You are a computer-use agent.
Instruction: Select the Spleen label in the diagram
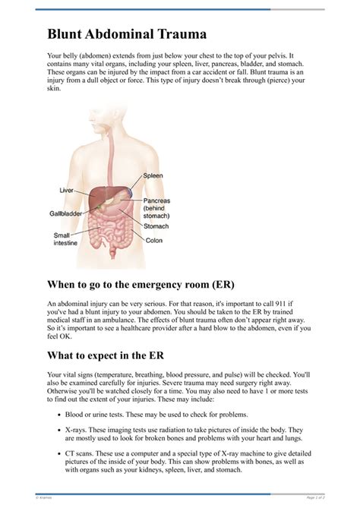point(153,175)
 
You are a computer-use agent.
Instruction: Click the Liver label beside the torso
point(67,189)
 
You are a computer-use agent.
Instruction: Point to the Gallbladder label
point(65,213)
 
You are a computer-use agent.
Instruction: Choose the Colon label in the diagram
point(154,240)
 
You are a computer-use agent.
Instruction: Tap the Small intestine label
point(65,238)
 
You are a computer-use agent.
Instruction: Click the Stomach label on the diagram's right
point(156,225)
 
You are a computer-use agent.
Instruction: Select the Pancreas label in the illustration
point(158,201)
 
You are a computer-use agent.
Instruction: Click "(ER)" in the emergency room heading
point(216,285)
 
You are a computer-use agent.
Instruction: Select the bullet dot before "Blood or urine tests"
point(59,415)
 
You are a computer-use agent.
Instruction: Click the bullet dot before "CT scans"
point(59,453)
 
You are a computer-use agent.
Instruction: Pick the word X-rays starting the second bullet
point(75,429)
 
